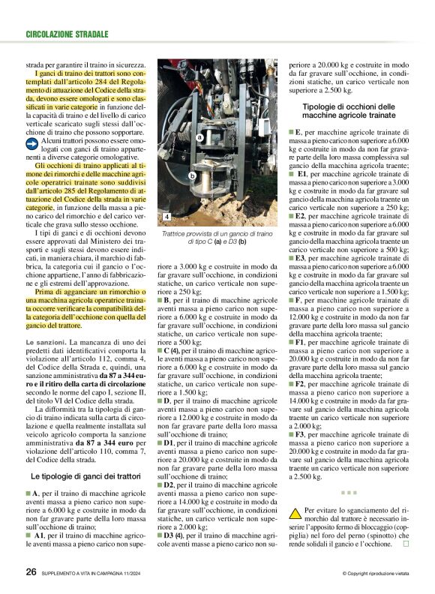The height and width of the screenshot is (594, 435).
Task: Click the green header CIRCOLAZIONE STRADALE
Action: pos(67,34)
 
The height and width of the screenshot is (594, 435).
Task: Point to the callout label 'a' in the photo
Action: pos(200,138)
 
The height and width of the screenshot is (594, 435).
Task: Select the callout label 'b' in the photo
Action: pos(193,175)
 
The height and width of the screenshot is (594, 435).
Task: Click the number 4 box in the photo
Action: pos(166,217)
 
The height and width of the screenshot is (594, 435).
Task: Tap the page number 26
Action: pos(31,571)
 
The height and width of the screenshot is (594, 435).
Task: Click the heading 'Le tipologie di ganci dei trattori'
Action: pos(85,476)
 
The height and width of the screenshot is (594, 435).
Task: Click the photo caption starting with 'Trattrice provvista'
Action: pos(215,238)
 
